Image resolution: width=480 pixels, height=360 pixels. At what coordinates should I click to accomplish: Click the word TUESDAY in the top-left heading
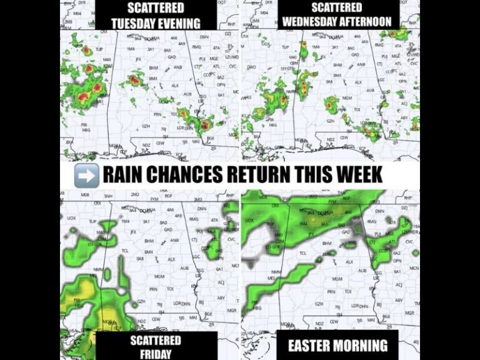point(134,24)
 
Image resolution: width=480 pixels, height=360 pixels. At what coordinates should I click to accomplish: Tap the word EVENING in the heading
point(179,24)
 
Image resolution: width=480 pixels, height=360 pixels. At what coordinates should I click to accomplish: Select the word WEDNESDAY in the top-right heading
point(312,21)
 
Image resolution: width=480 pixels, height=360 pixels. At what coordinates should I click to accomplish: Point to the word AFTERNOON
point(367,21)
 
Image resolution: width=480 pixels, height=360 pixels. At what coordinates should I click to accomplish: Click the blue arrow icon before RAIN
point(86,174)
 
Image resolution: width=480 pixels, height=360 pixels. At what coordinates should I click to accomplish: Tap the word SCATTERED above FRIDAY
point(156,341)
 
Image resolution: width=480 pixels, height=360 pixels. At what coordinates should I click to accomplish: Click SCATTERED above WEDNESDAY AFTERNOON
point(337,7)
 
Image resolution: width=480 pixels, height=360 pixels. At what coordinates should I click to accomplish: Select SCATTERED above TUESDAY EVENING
point(155,9)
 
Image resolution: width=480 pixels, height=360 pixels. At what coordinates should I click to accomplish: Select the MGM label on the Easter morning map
point(338,277)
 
